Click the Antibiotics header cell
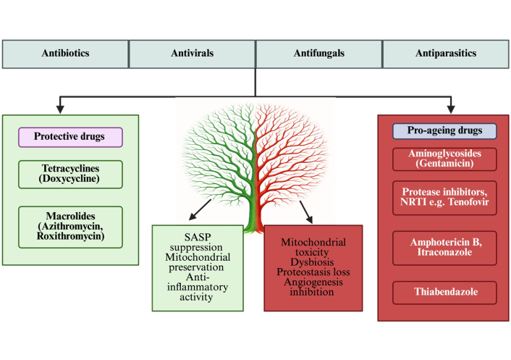[x=65, y=54]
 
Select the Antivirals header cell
[x=192, y=54]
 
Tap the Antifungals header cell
[x=318, y=54]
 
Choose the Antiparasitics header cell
[x=445, y=54]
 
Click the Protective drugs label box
[x=69, y=137]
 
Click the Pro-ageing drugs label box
[x=444, y=131]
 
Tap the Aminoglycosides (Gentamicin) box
[x=444, y=159]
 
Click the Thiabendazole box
[x=444, y=292]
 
